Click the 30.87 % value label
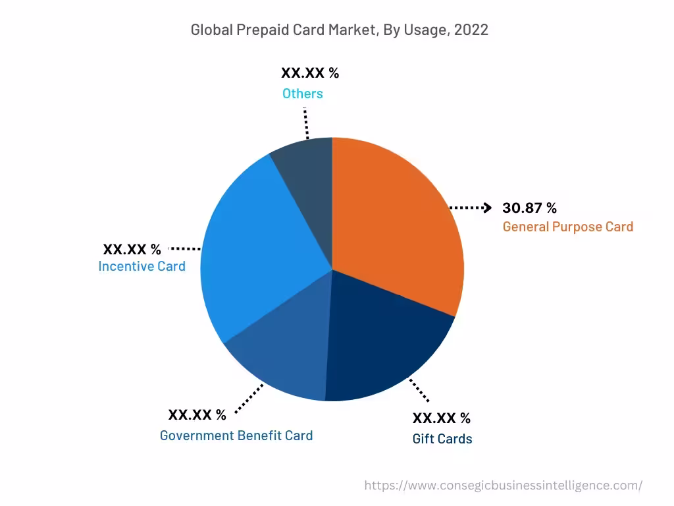(x=529, y=208)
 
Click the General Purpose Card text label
(x=567, y=227)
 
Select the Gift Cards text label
(x=442, y=439)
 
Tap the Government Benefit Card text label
(x=236, y=436)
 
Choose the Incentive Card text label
(x=142, y=267)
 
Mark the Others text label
(x=303, y=94)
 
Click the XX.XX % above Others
(x=310, y=73)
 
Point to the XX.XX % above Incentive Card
(x=132, y=250)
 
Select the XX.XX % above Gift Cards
(x=442, y=418)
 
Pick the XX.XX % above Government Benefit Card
(x=197, y=415)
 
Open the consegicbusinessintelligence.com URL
(x=504, y=486)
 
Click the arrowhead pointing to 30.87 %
(x=488, y=208)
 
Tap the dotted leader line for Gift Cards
(x=419, y=390)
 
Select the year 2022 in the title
(x=471, y=30)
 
